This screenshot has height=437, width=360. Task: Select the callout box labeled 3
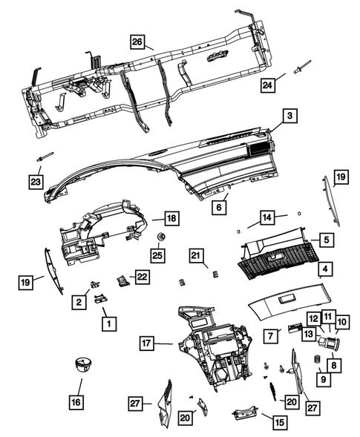(290, 116)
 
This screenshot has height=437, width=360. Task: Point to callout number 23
(36, 180)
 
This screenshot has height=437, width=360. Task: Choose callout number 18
(171, 218)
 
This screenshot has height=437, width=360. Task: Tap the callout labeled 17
(147, 343)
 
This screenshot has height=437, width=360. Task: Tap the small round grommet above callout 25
(160, 237)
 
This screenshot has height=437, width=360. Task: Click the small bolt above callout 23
(44, 157)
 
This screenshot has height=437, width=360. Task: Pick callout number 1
(108, 323)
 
